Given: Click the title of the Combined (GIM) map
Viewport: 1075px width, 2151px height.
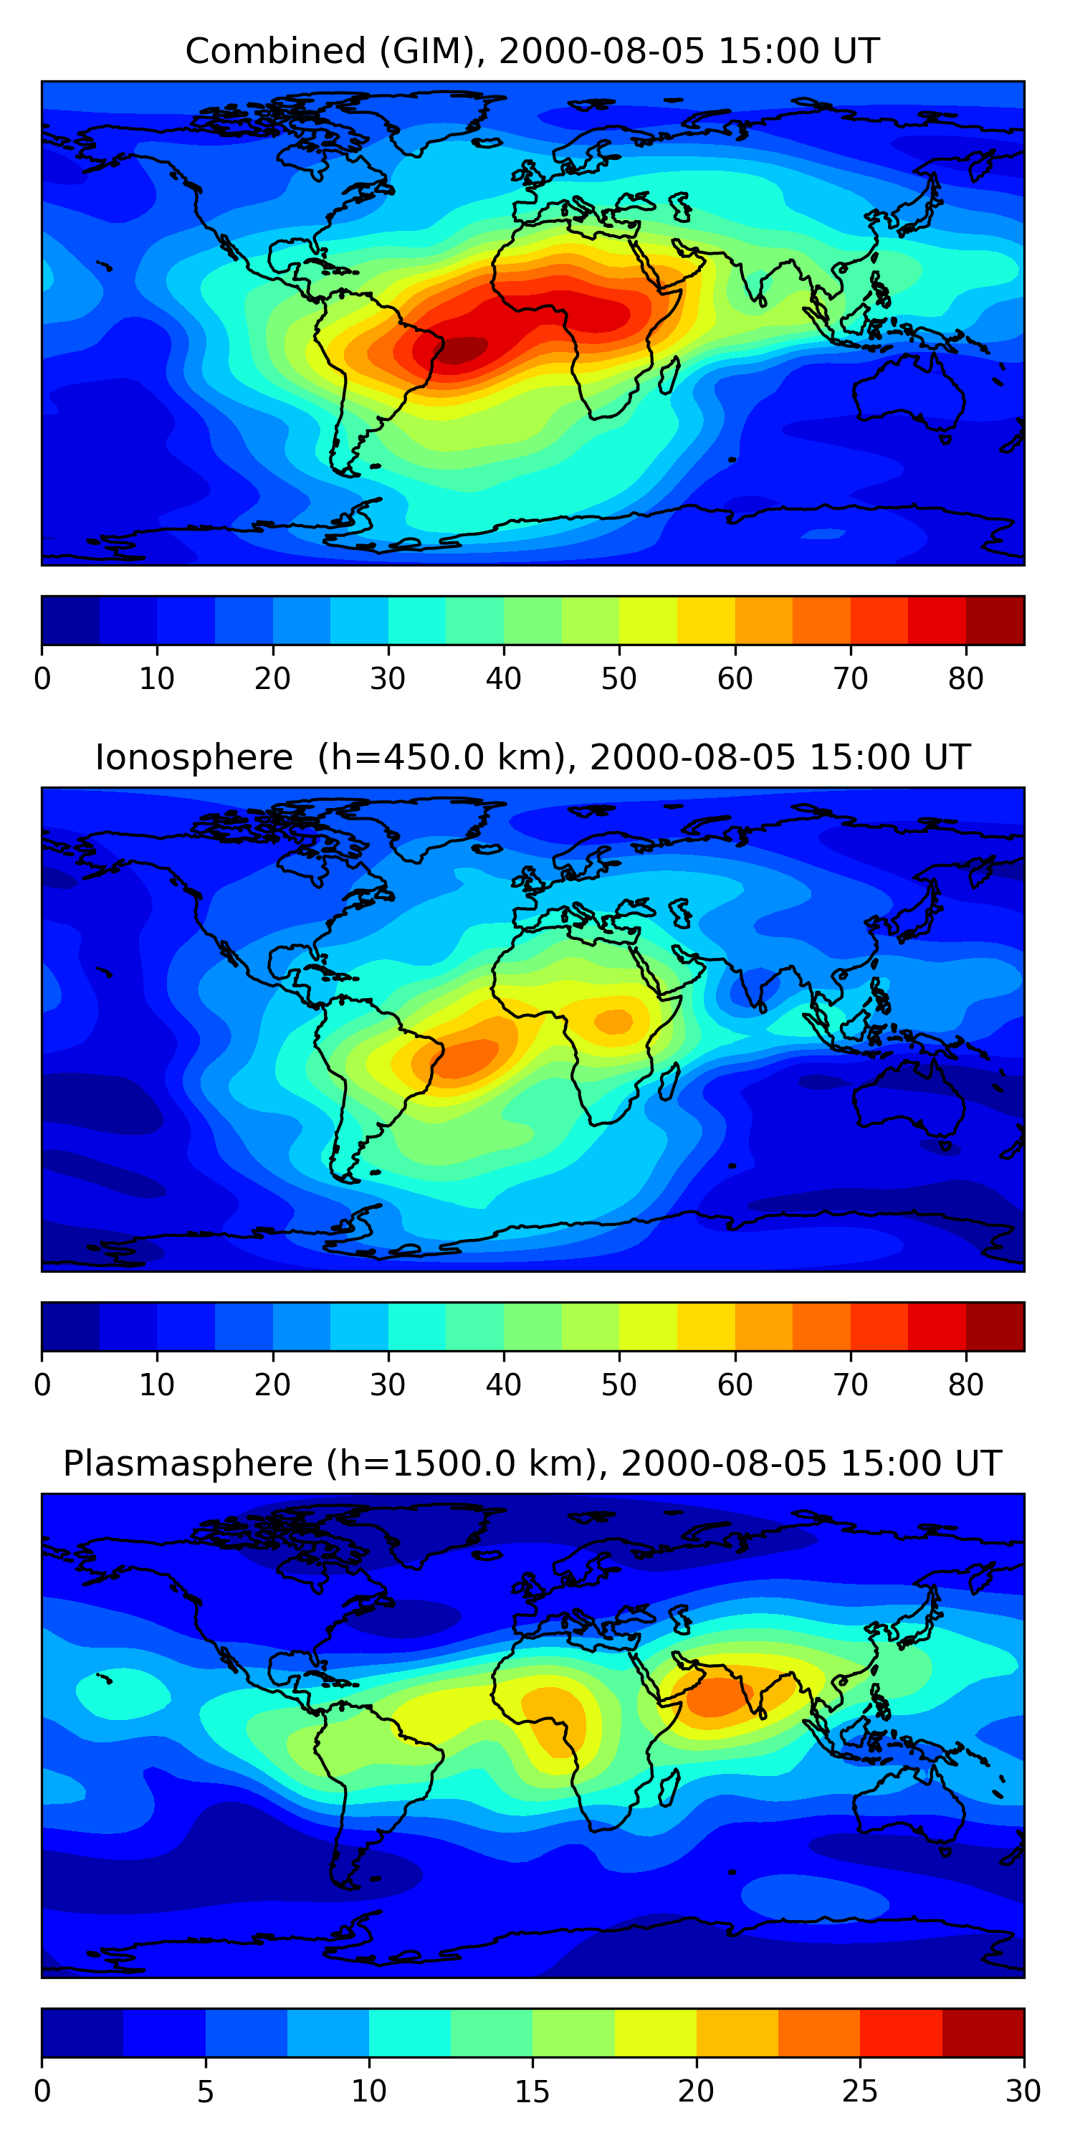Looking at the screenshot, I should click(532, 52).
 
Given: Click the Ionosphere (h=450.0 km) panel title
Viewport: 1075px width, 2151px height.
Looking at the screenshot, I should click(532, 757).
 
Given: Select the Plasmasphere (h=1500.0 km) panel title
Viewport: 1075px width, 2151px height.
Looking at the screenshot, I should click(532, 1464).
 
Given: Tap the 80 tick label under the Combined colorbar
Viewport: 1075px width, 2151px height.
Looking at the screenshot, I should click(965, 679).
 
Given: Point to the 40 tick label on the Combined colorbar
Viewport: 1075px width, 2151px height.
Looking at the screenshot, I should click(503, 679).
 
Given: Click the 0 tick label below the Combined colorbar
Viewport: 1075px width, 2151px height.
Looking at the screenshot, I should click(42, 679).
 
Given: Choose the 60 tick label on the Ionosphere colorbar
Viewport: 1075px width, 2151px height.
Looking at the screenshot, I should click(735, 1385).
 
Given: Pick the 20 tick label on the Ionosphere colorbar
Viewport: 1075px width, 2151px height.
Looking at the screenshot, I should click(272, 1385).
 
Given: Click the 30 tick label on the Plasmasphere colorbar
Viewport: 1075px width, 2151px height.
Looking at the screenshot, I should click(1023, 2091).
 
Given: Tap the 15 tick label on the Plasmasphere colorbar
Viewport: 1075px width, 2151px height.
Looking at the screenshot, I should click(532, 2091).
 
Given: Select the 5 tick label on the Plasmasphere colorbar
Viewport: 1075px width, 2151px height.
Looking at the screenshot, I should click(205, 2091).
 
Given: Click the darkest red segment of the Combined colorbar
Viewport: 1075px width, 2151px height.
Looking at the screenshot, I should click(995, 620).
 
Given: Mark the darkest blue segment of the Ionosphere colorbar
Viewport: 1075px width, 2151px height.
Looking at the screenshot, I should click(71, 1327).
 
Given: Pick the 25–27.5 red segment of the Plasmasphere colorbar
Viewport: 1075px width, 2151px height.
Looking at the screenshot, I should click(901, 2033).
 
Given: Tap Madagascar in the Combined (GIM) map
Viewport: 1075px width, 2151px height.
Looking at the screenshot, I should click(669, 376).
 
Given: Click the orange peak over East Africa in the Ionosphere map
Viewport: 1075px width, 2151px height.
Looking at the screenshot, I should click(615, 1020).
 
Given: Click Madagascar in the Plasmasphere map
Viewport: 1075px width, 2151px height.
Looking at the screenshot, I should click(669, 1789).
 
